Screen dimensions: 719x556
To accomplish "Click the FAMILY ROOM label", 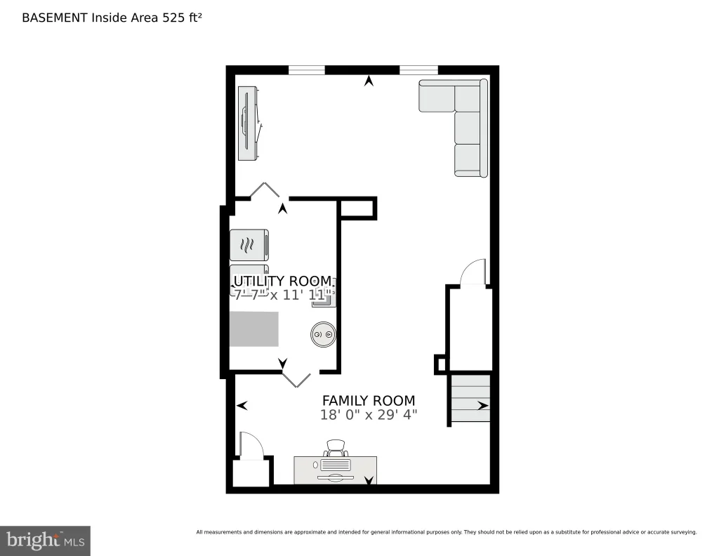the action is click(369, 401).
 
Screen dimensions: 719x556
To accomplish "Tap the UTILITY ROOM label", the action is click(282, 281).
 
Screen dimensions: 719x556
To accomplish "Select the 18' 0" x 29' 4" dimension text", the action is click(369, 415).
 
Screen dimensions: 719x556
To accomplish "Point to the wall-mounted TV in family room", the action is click(248, 124).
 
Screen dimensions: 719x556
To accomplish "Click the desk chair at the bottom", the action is click(336, 447).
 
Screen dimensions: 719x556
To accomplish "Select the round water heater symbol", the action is click(323, 334).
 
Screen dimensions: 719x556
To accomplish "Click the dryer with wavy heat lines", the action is click(249, 245).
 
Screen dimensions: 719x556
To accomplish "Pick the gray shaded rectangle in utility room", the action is click(254, 329).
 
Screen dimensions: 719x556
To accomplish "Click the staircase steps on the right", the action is click(471, 398).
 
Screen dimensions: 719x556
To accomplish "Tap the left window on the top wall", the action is click(306, 70).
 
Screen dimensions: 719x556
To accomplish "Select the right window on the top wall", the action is click(418, 70).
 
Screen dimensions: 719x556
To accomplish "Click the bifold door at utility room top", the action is click(265, 189).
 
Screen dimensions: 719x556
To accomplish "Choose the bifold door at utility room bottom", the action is click(296, 380).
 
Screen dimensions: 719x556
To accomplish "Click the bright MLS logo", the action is click(45, 541).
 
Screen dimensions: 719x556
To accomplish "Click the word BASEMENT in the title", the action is click(55, 18).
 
